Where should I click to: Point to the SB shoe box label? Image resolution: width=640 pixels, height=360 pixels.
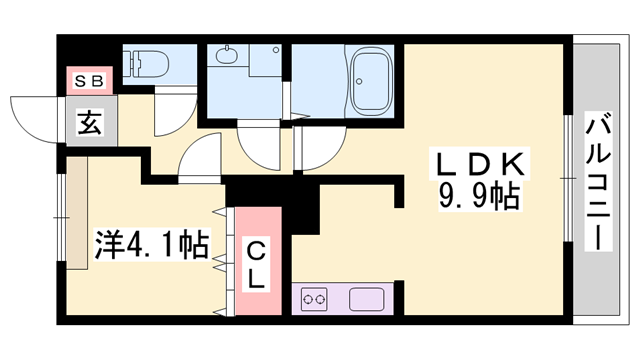(x=86, y=79)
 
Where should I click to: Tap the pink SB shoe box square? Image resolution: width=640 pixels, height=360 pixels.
(x=86, y=79)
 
